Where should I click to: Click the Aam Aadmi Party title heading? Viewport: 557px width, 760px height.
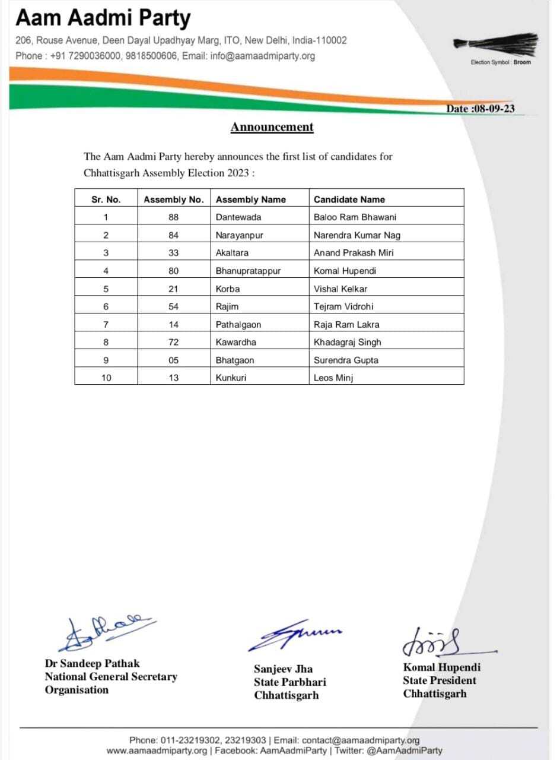(103, 18)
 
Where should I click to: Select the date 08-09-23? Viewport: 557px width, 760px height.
(480, 109)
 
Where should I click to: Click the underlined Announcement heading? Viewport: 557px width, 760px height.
(272, 127)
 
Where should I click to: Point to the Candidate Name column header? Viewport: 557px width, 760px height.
(349, 199)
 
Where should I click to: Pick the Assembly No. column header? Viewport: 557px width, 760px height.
(173, 199)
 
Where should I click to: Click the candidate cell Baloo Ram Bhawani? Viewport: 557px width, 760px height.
(355, 217)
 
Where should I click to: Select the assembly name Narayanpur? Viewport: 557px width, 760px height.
(239, 235)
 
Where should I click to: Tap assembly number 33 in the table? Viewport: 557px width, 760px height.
(173, 253)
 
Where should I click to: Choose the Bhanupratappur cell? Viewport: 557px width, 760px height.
(248, 271)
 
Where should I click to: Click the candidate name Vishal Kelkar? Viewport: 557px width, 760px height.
(340, 289)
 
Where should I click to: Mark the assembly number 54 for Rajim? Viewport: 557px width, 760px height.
(173, 306)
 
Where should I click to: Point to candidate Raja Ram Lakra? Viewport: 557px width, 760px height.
(346, 324)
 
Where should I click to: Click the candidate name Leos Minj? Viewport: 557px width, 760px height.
(333, 378)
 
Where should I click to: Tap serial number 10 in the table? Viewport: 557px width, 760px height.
(106, 378)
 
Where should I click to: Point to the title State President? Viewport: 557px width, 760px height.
(440, 680)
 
